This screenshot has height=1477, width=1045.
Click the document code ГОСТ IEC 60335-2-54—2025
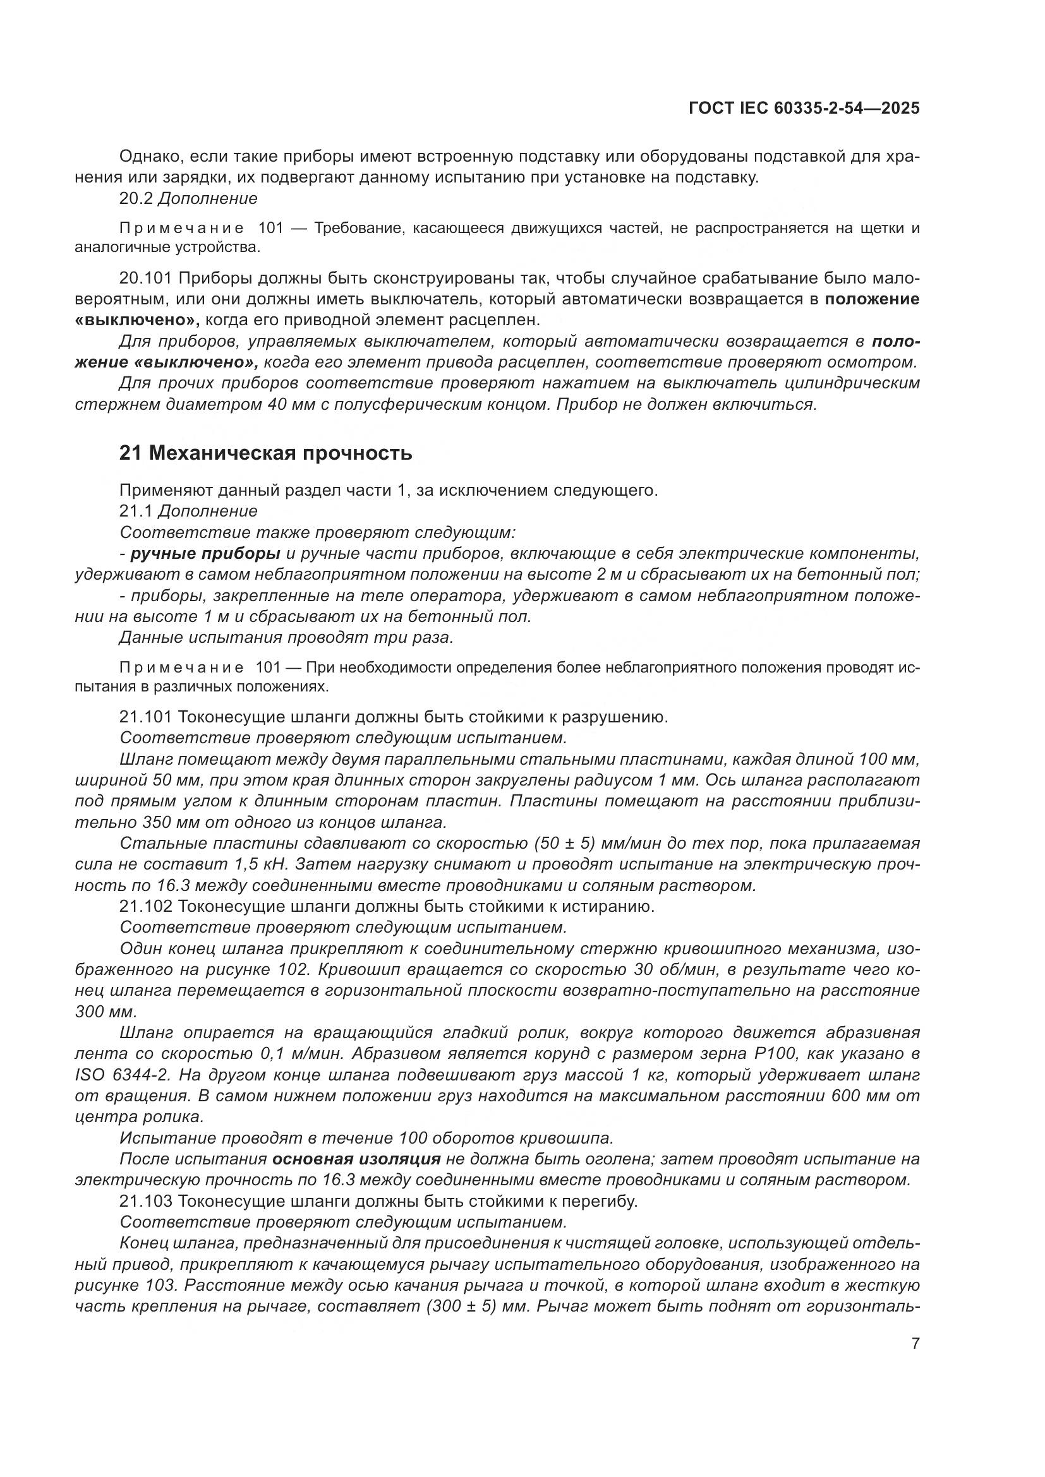pyautogui.click(x=804, y=108)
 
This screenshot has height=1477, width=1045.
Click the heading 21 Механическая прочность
pyautogui.click(x=265, y=453)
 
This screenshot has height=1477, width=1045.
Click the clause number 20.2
pyautogui.click(x=135, y=198)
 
